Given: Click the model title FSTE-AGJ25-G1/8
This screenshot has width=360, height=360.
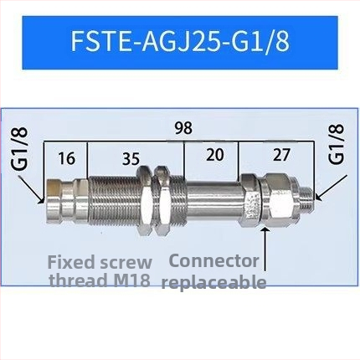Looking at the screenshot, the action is pos(180,42).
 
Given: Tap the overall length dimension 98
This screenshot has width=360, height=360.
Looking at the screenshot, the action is pos(183,128).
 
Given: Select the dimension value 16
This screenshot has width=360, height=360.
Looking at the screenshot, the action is pos(67,158).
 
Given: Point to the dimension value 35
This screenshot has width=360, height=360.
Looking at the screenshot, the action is pos(131,159).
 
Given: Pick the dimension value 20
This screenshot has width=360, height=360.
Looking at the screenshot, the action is pos(215,155).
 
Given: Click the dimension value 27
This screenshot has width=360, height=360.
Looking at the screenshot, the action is pos(281,155).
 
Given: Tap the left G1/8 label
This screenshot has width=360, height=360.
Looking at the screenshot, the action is pos(20,148).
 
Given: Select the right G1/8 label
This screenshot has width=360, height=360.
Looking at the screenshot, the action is pos(336,144).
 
